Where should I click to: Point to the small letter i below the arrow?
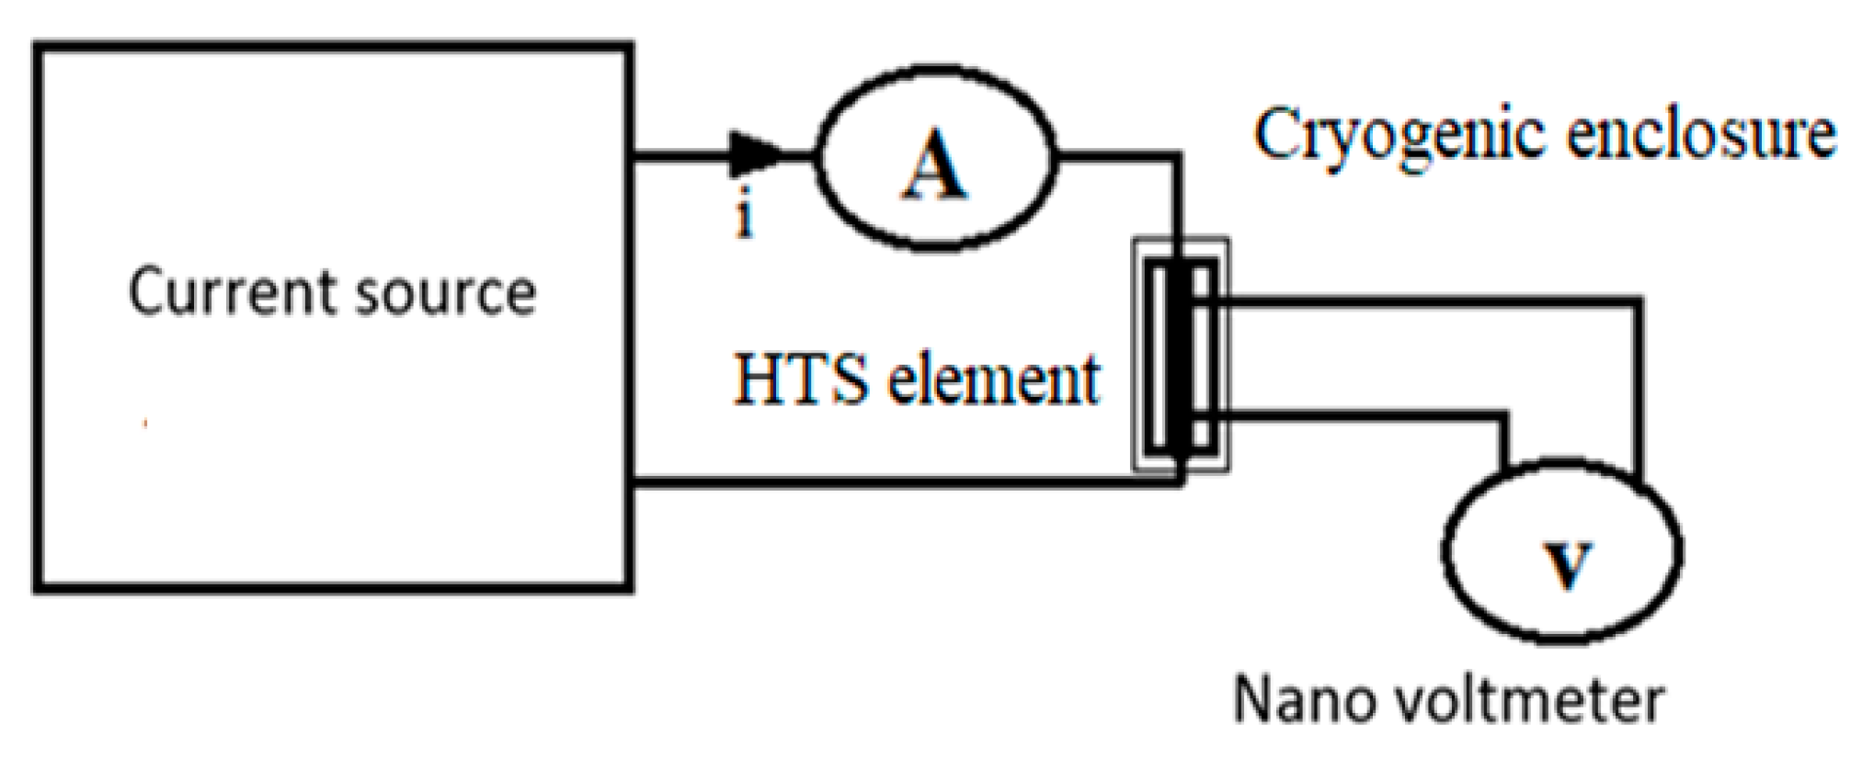pos(744,217)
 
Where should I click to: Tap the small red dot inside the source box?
pos(144,424)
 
